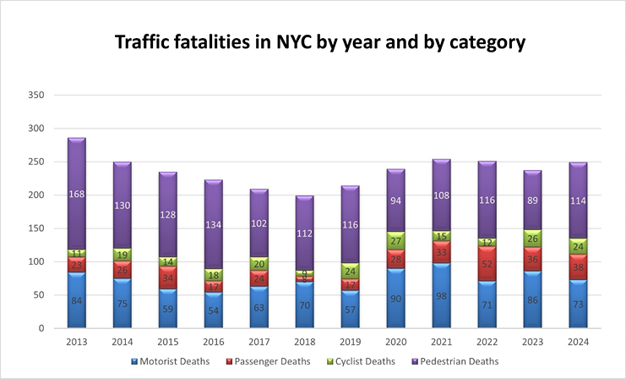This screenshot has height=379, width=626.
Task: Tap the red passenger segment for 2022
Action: (x=488, y=263)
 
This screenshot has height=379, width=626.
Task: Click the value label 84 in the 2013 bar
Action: (x=77, y=300)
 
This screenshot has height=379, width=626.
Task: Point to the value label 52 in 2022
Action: (x=488, y=264)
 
